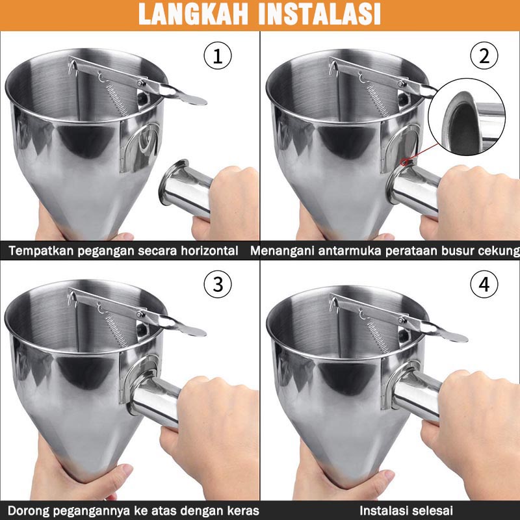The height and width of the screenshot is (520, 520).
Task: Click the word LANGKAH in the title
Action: [x=193, y=14]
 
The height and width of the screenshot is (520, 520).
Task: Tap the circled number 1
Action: [x=218, y=56]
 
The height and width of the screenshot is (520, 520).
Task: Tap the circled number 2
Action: [x=484, y=56]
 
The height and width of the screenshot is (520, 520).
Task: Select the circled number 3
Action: [x=218, y=284]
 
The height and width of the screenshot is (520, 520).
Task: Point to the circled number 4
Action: [x=484, y=284]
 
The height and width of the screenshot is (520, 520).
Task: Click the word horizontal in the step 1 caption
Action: [x=209, y=251]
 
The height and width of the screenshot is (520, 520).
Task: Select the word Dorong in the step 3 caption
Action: [x=27, y=510]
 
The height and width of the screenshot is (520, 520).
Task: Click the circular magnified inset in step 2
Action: [x=467, y=117]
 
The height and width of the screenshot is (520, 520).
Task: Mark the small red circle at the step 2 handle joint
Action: [x=405, y=162]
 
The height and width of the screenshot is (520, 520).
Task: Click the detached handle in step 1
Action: [x=186, y=189]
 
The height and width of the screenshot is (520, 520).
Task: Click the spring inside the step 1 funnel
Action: [x=117, y=98]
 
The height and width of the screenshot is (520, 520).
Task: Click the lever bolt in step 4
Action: [x=402, y=320]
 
